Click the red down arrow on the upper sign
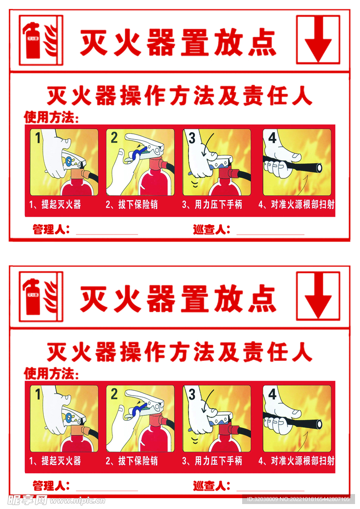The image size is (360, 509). (318, 40)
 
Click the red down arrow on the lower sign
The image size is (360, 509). (318, 296)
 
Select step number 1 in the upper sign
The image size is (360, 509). (37, 138)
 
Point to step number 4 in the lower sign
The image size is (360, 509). (272, 394)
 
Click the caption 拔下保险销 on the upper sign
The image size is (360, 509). (131, 204)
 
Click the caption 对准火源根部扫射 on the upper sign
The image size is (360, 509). (296, 204)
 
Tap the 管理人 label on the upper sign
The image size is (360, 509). (51, 230)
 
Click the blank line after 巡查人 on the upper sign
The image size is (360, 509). (270, 233)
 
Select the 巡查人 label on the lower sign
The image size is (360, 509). (211, 486)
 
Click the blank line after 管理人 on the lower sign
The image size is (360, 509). (106, 489)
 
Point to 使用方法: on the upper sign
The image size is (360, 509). (51, 117)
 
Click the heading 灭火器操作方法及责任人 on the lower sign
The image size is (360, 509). (179, 352)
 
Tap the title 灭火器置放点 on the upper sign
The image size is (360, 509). (178, 43)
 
